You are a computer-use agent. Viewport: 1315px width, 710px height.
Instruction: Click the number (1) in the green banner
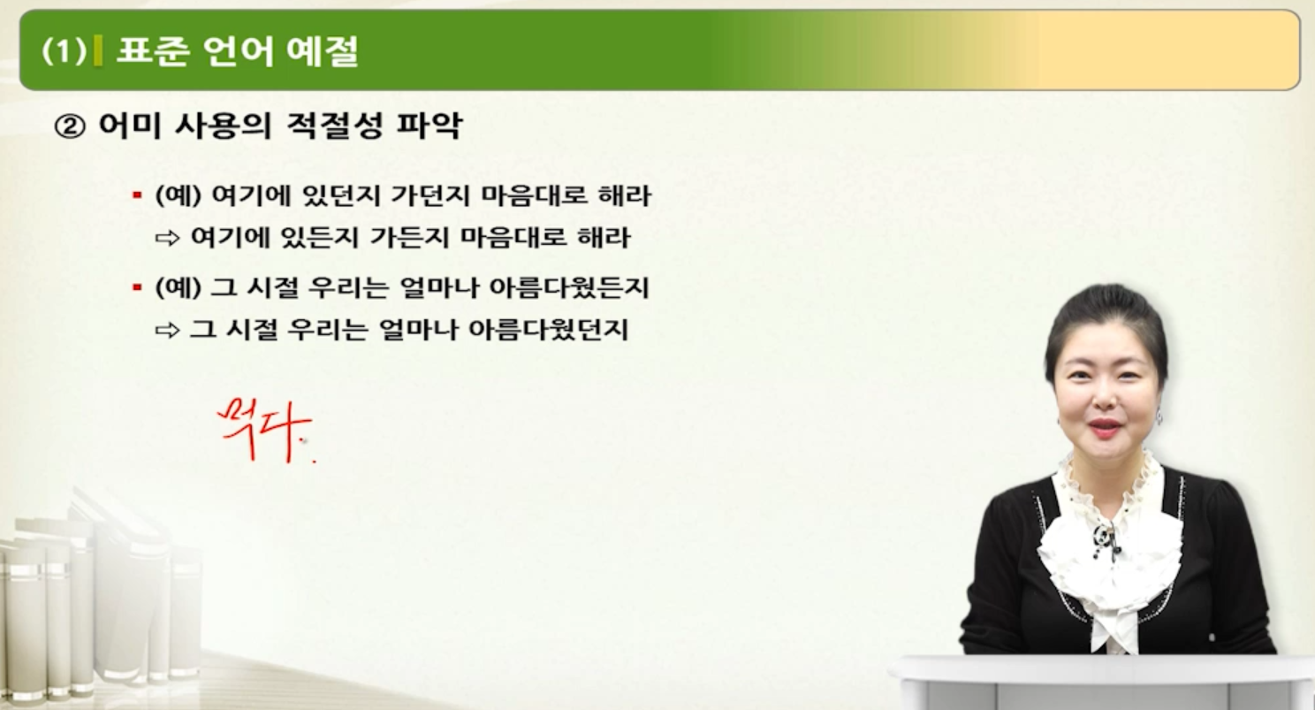click(63, 51)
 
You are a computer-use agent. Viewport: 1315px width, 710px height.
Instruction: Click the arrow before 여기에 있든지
click(166, 239)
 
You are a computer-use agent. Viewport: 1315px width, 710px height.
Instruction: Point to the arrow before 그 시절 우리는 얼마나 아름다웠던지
click(166, 331)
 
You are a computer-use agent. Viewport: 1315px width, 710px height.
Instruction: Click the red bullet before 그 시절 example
click(137, 288)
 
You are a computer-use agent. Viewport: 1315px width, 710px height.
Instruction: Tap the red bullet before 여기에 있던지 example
click(137, 195)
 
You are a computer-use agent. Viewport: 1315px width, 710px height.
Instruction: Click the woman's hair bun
click(1104, 305)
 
